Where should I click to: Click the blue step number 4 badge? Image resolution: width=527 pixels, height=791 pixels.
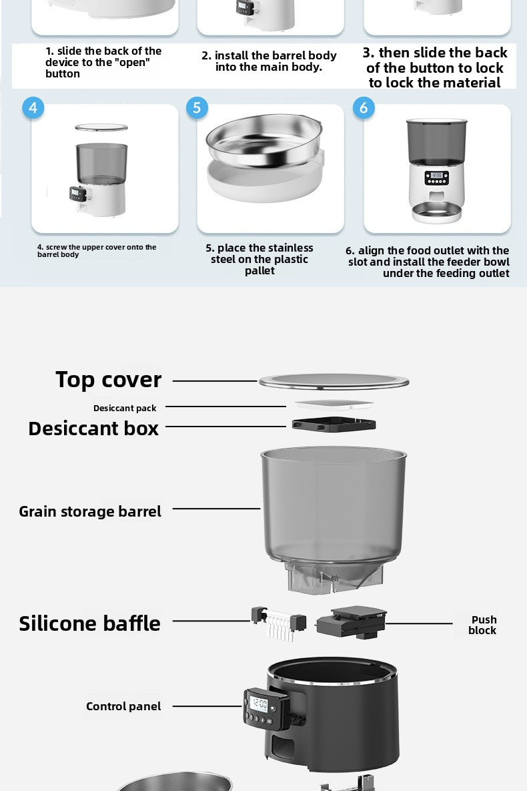(33, 108)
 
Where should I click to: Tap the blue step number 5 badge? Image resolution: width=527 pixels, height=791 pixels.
(197, 108)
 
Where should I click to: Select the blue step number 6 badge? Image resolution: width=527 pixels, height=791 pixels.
(364, 108)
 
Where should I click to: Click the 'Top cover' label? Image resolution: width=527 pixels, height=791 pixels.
(109, 380)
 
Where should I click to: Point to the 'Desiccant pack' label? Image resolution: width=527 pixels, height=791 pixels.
(125, 408)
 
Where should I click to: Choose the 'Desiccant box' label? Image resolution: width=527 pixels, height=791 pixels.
(93, 429)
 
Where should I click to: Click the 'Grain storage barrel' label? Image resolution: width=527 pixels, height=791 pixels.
(90, 511)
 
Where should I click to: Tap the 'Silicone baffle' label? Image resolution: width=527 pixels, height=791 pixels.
(90, 623)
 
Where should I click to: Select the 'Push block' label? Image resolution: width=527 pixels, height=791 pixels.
(482, 625)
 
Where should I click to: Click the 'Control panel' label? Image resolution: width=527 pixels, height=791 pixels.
(123, 706)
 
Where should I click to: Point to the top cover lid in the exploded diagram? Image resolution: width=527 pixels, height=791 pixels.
(334, 381)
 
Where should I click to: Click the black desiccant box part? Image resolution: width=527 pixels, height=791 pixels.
(334, 425)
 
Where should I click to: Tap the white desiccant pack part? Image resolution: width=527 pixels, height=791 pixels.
(334, 405)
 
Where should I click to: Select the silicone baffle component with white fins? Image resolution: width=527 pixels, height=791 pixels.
(279, 623)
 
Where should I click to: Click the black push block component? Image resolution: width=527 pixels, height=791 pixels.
(352, 623)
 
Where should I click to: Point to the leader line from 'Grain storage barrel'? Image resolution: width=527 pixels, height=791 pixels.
(216, 509)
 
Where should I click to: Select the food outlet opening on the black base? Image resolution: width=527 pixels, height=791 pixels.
(282, 746)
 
